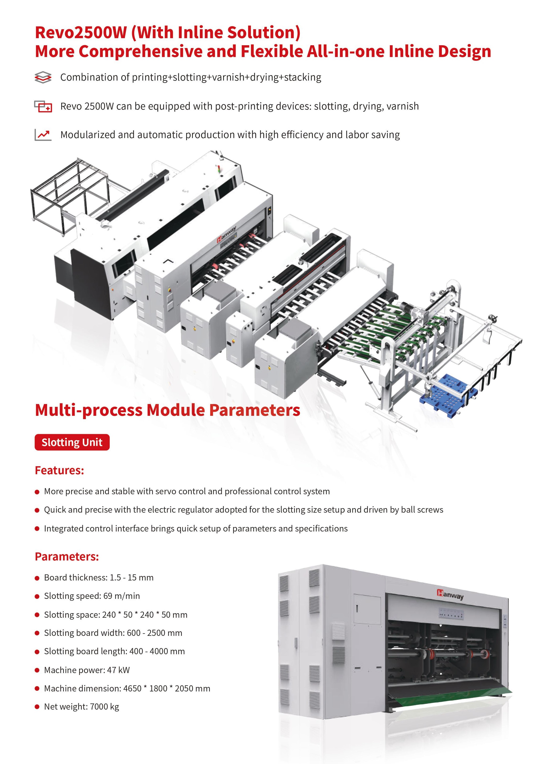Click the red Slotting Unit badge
(72, 442)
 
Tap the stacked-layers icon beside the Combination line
(43, 77)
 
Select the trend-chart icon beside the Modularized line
(43, 135)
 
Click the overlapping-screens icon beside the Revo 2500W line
(43, 106)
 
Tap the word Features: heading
(59, 470)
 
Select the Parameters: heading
(67, 556)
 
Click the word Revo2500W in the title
(81, 33)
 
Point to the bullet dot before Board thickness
(37, 578)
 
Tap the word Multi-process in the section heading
(89, 410)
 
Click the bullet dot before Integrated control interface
(37, 529)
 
